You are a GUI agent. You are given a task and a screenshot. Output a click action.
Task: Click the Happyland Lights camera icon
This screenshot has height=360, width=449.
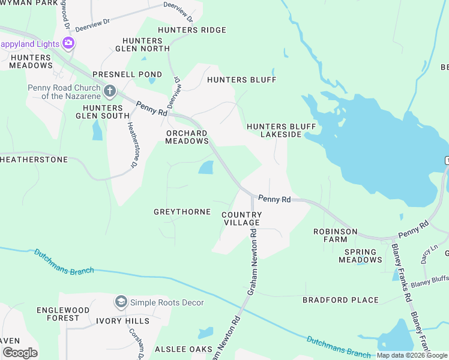68,43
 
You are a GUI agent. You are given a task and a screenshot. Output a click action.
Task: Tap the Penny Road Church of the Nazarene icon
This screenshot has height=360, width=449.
109,91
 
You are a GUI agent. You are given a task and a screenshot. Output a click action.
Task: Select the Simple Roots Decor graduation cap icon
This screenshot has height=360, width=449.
121,302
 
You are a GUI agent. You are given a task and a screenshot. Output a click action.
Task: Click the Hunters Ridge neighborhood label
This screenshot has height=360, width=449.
192,30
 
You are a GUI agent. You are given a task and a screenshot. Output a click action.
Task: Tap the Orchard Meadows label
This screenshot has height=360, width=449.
187,137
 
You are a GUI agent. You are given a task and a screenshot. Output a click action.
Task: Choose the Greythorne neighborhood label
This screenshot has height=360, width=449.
182,212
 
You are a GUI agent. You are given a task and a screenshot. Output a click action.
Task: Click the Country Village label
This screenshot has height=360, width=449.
242,218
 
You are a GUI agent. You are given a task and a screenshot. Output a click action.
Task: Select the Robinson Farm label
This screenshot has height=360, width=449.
336,235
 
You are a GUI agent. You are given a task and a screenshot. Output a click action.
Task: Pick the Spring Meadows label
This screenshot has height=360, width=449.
360,256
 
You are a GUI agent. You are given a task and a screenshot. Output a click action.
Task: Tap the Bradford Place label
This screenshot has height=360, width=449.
340,300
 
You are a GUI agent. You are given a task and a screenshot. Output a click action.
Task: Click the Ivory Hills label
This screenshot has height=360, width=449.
123,321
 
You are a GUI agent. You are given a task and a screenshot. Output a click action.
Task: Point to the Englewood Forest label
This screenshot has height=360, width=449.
58,314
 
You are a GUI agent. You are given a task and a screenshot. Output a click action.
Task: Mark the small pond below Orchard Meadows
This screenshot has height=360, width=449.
206,167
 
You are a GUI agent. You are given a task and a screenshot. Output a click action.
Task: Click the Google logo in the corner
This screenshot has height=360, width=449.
20,353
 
